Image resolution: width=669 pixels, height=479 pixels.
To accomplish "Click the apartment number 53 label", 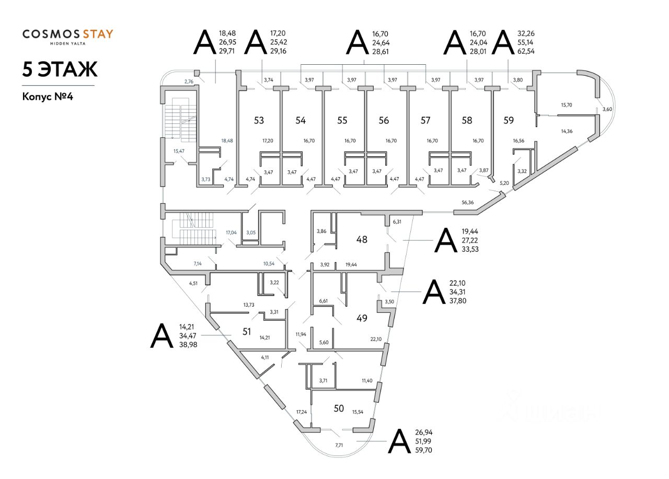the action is [259, 121].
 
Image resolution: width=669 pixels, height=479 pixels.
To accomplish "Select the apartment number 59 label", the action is [509, 121].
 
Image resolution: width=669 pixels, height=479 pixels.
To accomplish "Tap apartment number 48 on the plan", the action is [362, 240].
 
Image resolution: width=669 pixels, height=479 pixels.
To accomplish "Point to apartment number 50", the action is [339, 408].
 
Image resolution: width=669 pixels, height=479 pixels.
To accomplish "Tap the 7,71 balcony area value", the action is [340, 445].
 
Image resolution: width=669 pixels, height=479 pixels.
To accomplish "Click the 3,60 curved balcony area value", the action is [606, 109].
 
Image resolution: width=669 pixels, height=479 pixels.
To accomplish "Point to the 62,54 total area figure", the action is [524, 52].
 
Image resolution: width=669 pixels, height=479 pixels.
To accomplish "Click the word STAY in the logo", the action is [96, 34].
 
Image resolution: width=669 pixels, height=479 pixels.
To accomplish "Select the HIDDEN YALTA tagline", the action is [67, 44].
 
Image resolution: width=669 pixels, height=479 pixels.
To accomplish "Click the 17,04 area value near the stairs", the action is [231, 232].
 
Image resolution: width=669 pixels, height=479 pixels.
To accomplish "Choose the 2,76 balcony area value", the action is [189, 81].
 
